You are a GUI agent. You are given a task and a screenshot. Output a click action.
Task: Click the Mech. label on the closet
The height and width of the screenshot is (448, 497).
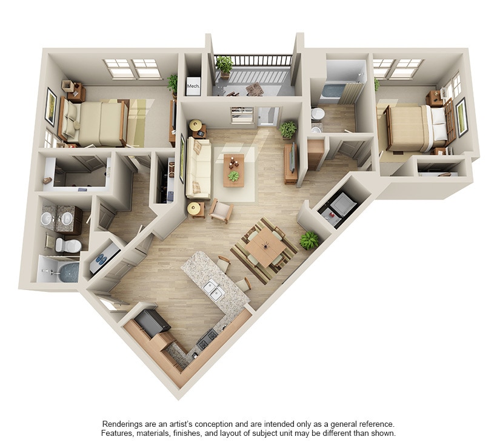[193, 87]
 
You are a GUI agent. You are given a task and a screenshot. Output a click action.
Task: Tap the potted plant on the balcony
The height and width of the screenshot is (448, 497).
[224, 64]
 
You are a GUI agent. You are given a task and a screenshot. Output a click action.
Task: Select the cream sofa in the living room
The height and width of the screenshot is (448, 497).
[198, 168]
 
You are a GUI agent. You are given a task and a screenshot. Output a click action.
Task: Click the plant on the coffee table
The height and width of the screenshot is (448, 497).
[233, 176]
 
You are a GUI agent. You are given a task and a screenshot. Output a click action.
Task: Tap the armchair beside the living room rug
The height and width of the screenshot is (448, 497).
[221, 211]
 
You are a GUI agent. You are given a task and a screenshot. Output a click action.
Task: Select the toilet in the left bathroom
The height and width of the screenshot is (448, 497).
[68, 245]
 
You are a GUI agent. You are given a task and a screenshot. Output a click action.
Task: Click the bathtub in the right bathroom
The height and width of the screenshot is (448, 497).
[332, 91]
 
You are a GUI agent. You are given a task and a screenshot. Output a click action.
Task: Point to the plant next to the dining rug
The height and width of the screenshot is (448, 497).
[309, 240]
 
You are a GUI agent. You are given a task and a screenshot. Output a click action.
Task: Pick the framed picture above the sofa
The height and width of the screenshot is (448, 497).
[182, 159]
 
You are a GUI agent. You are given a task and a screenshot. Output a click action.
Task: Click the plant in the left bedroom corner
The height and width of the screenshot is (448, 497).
[173, 83]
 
